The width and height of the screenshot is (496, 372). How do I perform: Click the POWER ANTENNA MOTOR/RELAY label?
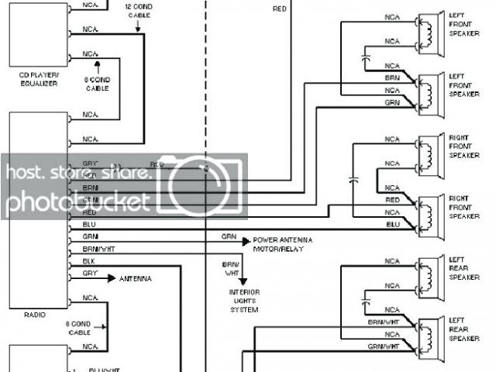(279, 244)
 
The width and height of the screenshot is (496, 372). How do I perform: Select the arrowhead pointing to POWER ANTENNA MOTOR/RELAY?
(247, 241)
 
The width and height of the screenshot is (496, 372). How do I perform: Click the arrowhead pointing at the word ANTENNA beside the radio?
(112, 277)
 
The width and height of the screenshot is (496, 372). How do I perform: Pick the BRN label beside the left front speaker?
(392, 78)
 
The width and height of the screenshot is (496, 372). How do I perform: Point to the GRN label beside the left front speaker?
(392, 102)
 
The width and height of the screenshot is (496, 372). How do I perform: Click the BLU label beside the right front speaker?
(393, 223)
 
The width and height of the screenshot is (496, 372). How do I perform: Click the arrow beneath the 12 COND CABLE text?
(139, 29)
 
